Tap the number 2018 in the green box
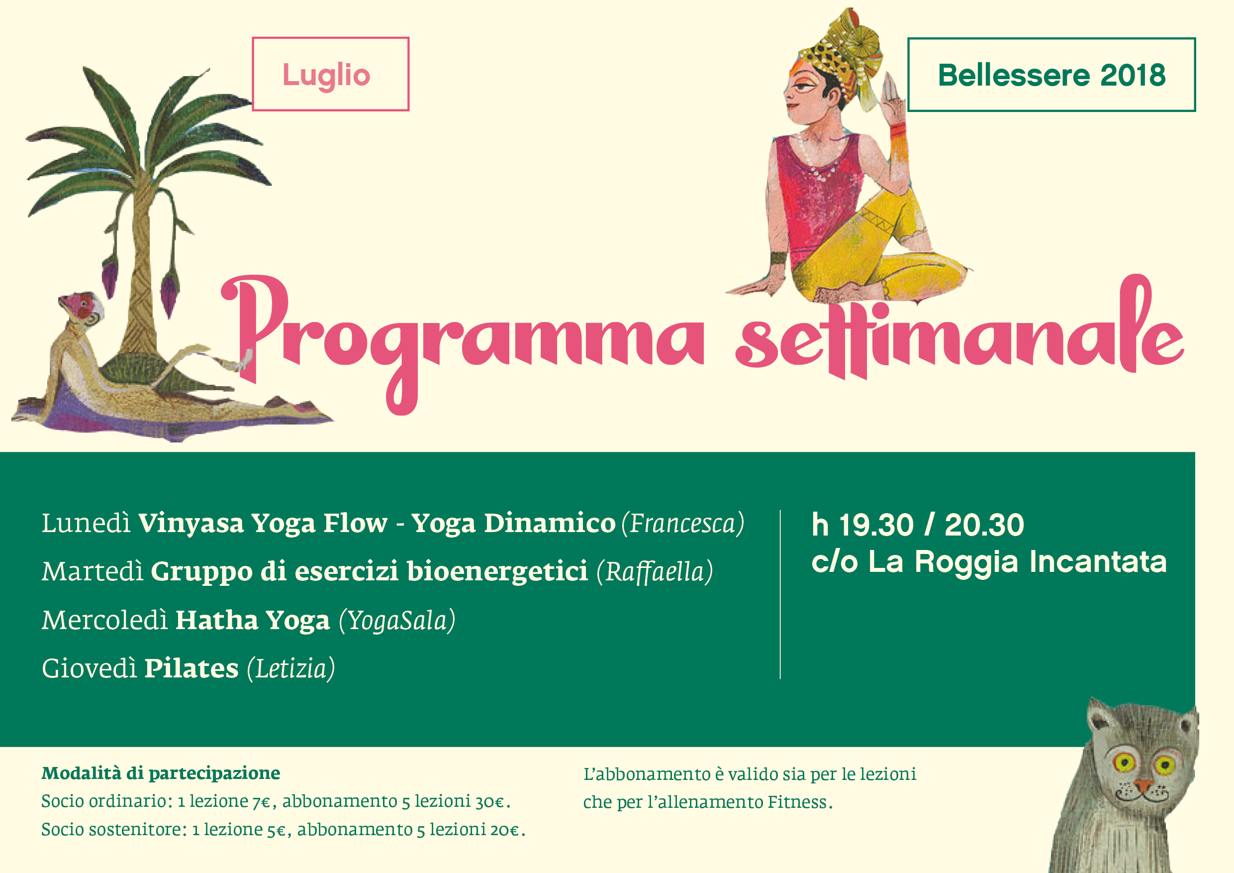1133,75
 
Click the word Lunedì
86,522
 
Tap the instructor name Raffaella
655,571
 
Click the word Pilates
191,668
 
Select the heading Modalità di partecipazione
161,773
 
